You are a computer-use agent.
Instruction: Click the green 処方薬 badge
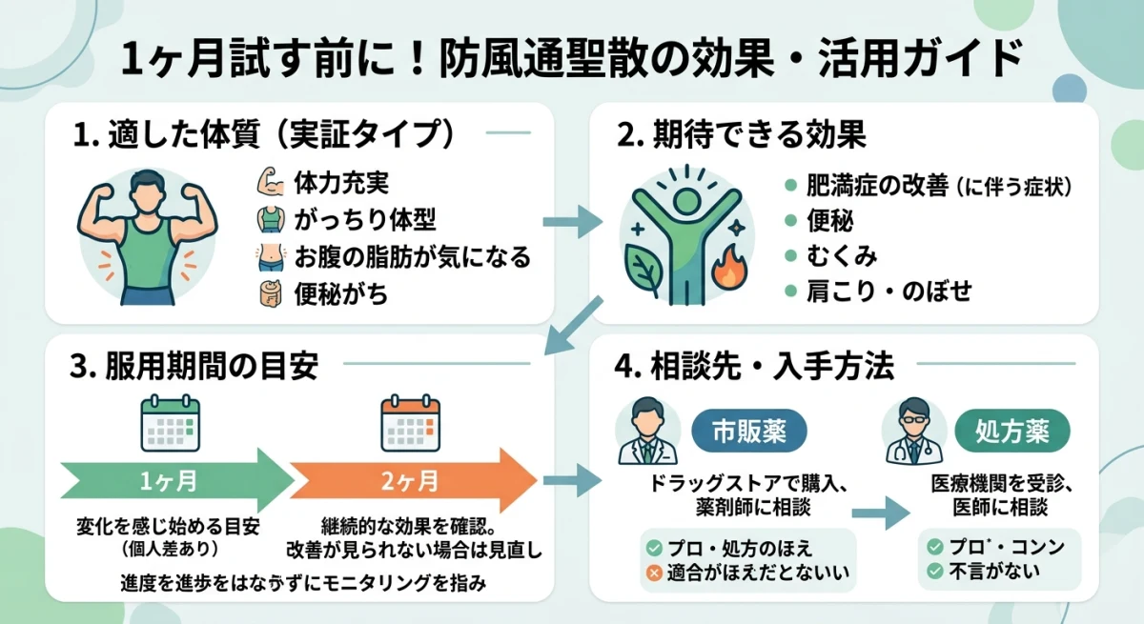coord(1012,431)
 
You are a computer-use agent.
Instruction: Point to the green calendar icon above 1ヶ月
coord(171,424)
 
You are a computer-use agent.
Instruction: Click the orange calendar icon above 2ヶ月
coord(410,424)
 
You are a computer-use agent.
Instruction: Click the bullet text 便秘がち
coord(335,294)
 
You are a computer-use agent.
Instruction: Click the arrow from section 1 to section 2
coord(572,223)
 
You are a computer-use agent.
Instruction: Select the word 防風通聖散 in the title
coord(530,62)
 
